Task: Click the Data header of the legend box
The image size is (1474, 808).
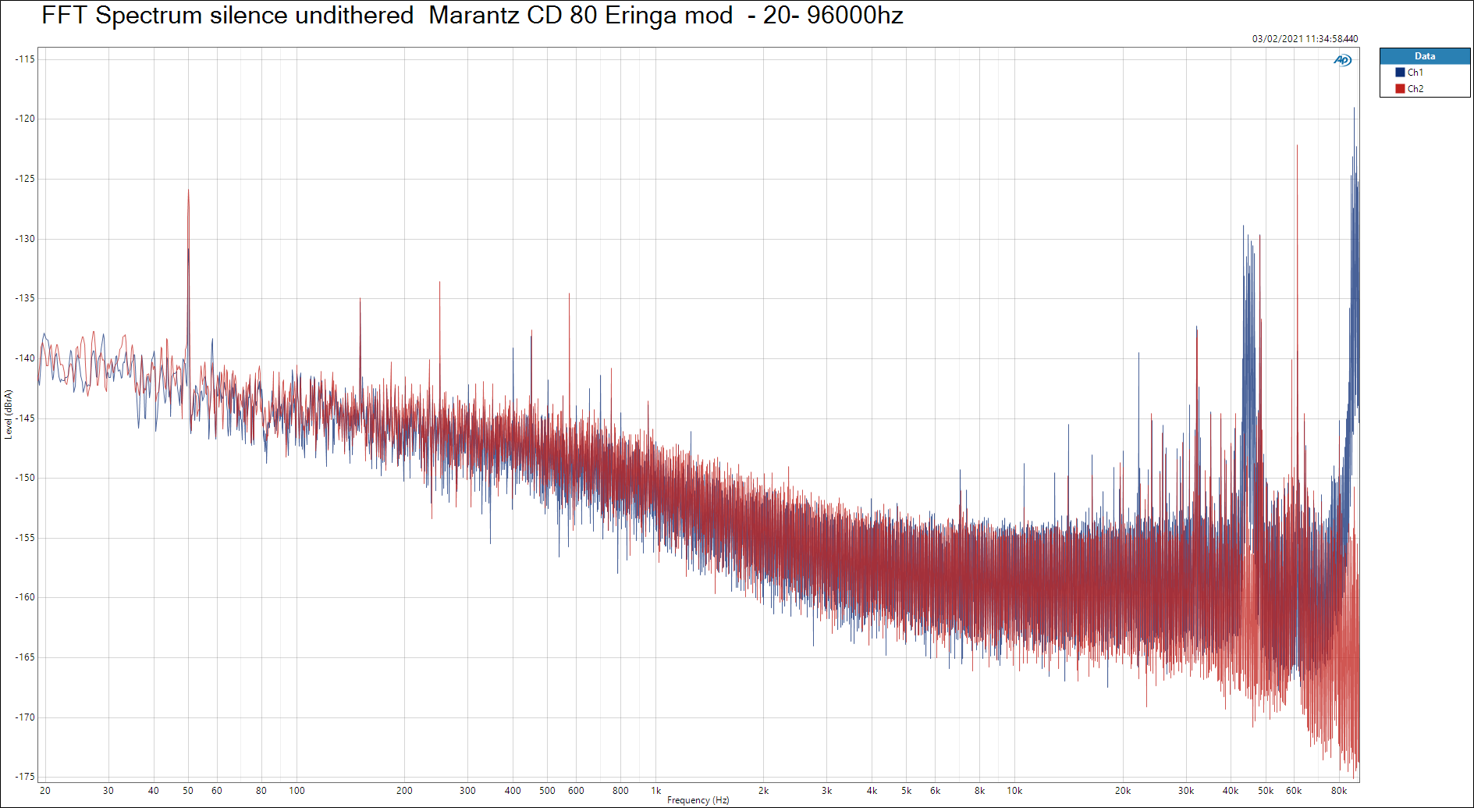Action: (1424, 56)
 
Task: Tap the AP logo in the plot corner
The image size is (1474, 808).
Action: (1342, 60)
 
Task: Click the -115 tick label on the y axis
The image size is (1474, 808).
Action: (25, 59)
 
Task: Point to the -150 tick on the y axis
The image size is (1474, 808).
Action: (25, 478)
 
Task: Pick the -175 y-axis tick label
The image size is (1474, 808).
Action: (25, 777)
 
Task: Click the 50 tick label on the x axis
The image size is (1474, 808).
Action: (188, 791)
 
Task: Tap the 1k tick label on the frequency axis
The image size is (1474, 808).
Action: (656, 791)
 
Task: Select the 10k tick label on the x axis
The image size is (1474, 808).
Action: (1014, 791)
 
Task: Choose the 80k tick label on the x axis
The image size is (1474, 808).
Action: (1339, 791)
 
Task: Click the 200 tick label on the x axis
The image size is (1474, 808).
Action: (404, 791)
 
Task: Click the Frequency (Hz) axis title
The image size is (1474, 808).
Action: (698, 800)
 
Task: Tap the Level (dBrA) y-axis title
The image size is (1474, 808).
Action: (9, 415)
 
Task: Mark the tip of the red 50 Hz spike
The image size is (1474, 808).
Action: (188, 190)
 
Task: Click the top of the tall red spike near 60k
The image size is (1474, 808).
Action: (1297, 146)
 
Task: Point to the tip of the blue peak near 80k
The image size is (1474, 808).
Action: (1354, 109)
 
